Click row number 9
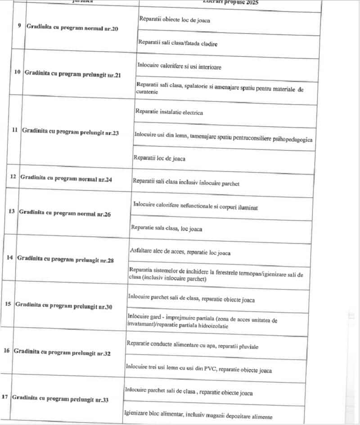pos(19,26)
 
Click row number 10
pos(18,72)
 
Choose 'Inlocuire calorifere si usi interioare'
pos(179,66)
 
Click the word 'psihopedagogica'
pos(291,139)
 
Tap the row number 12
pos(13,177)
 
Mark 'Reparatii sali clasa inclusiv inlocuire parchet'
pos(186,183)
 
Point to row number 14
pos(9,258)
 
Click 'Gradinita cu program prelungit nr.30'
pos(63,305)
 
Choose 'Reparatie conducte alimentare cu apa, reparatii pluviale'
pos(192,346)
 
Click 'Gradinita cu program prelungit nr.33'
pos(60,398)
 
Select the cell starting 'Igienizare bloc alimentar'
pos(198,416)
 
